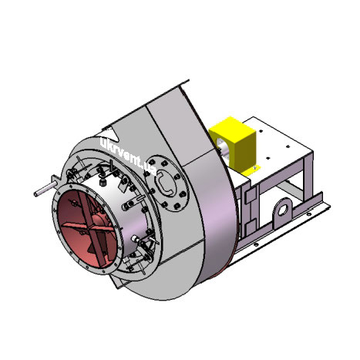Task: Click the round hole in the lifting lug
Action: tap(283, 210)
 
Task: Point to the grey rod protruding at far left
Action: tap(45, 189)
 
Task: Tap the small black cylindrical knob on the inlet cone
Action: tap(103, 183)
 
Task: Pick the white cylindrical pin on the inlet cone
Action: tap(134, 239)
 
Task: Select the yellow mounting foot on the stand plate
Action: tap(251, 170)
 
